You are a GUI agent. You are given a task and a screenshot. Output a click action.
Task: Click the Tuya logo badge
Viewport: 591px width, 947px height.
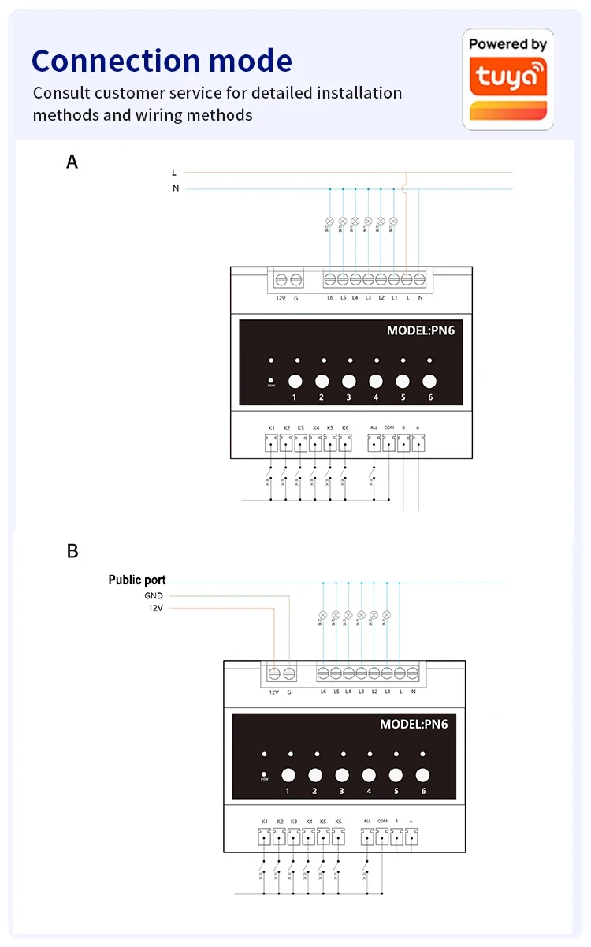point(507,79)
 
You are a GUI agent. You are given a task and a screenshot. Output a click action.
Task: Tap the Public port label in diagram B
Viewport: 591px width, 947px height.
point(137,580)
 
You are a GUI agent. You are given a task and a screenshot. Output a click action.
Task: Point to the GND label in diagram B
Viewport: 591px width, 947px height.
point(154,596)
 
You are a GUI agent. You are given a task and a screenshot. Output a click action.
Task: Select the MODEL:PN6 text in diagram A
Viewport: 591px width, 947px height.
point(420,330)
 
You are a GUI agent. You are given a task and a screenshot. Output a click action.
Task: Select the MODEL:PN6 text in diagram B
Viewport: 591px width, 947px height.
point(414,724)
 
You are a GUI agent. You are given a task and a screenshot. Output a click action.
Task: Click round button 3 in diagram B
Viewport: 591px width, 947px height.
point(342,775)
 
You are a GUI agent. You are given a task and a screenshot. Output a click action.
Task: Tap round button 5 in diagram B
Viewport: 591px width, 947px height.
point(396,775)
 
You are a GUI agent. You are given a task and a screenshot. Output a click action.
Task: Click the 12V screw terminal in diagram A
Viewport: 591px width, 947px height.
point(281,279)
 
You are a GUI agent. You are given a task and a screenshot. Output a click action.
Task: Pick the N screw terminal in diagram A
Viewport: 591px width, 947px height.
point(419,279)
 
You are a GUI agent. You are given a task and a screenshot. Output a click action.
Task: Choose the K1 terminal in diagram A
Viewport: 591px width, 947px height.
point(271,443)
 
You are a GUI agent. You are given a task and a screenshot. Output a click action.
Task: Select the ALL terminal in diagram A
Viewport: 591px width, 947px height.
point(374,443)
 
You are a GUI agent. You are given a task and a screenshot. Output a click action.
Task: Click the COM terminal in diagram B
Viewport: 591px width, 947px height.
point(382,837)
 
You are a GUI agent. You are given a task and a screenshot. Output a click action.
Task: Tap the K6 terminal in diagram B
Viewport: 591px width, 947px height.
point(338,837)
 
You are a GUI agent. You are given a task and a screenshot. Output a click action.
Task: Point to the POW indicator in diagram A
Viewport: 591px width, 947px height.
point(271,382)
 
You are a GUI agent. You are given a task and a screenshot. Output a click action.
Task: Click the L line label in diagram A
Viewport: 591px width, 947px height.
point(174,172)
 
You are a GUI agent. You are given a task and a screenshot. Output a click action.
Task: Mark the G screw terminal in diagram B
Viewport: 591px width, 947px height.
point(289,673)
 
